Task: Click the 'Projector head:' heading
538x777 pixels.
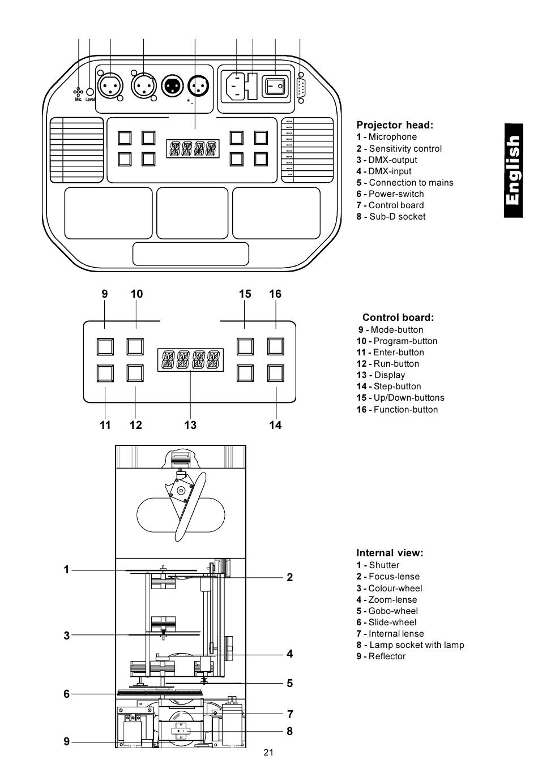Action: (x=394, y=125)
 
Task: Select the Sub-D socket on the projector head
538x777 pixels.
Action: (x=301, y=88)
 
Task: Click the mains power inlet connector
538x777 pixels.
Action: (x=237, y=86)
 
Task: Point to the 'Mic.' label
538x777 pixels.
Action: (x=78, y=100)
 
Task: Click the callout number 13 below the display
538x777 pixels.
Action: (x=190, y=425)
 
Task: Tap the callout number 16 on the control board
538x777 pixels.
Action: (x=275, y=294)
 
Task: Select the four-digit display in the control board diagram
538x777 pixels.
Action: (x=190, y=360)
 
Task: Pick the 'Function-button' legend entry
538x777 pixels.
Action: (x=397, y=410)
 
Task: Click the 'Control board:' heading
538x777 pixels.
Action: (x=398, y=317)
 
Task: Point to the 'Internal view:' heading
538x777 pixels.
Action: (x=390, y=553)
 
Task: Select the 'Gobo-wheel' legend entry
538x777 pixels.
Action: (x=387, y=611)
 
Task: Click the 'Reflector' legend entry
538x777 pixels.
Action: (x=381, y=656)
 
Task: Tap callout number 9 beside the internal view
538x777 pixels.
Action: (x=66, y=741)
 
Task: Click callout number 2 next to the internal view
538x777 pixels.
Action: (x=290, y=577)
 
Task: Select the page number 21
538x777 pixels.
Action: (x=268, y=752)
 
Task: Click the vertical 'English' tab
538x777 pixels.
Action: (x=513, y=170)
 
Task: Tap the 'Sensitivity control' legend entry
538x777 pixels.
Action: (x=399, y=149)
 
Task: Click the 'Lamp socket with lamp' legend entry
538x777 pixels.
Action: (x=410, y=645)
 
